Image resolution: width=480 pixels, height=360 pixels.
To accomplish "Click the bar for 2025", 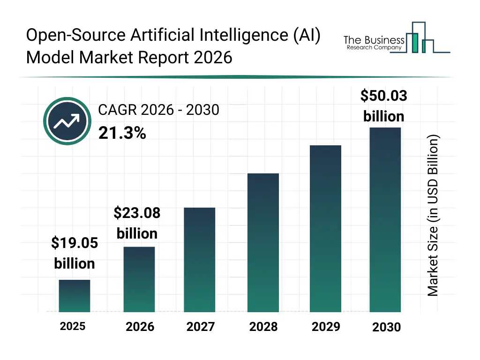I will [x=75, y=296].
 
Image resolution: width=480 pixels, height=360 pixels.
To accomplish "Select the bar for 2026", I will [x=139, y=279].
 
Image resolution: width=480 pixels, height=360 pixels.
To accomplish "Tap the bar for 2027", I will [x=199, y=260].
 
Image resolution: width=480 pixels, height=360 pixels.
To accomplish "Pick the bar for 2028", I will [x=263, y=243].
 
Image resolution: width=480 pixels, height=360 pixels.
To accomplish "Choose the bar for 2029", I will [x=325, y=229].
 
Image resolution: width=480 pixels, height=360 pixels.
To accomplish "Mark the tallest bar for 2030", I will [x=385, y=220].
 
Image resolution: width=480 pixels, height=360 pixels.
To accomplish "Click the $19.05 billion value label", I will [x=75, y=253].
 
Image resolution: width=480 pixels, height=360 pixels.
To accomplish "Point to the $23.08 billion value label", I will [x=137, y=223].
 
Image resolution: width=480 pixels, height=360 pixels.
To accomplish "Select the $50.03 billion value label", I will [x=383, y=106].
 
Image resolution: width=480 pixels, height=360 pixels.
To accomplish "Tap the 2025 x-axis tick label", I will [x=73, y=326].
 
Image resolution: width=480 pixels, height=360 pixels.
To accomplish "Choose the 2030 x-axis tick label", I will [x=386, y=327].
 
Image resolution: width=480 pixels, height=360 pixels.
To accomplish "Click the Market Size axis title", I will [x=433, y=216].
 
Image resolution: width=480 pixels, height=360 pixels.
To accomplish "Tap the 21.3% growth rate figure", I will [x=122, y=134].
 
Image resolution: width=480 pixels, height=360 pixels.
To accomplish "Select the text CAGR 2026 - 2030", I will [x=158, y=110].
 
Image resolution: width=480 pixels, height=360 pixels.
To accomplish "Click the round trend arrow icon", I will [x=67, y=122].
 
